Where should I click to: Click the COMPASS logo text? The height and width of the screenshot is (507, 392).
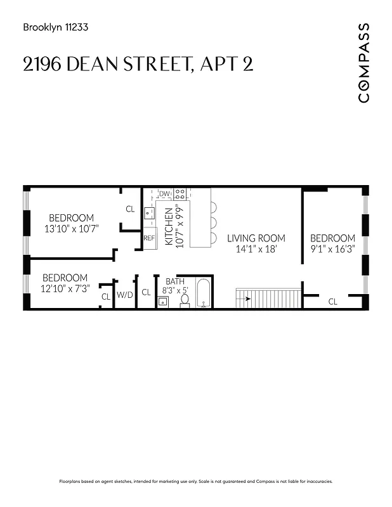click(x=363, y=62)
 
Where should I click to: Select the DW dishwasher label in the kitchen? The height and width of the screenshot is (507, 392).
click(x=165, y=194)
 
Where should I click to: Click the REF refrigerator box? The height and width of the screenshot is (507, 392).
click(x=149, y=238)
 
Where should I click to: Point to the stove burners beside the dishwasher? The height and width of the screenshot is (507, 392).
click(x=180, y=193)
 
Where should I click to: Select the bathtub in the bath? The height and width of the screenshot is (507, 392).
click(x=203, y=293)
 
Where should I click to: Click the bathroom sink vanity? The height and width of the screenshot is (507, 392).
click(x=162, y=302)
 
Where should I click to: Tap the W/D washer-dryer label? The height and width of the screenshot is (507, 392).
click(x=124, y=295)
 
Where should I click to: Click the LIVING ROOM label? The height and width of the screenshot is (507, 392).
click(x=256, y=238)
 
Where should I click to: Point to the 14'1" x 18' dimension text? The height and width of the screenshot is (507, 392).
click(x=256, y=250)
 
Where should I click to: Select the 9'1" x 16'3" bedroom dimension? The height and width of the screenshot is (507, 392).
click(x=332, y=250)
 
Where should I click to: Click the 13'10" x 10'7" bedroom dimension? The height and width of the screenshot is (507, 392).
click(x=72, y=228)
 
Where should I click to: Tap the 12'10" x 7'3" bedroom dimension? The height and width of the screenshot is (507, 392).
click(x=66, y=288)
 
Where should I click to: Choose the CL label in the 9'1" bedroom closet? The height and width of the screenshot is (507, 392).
click(x=333, y=302)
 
